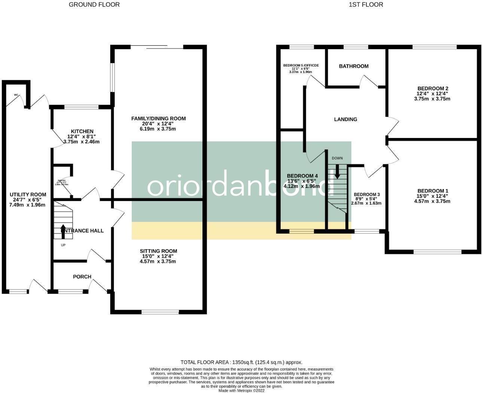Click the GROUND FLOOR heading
94,4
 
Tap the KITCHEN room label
82,131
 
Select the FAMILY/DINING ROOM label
158,118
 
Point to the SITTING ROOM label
158,251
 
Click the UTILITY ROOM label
28,194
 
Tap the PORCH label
82,276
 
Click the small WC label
16,95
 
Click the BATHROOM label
354,66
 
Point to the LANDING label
345,119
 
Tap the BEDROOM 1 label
432,191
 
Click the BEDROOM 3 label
366,194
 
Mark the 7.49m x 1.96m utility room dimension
28,205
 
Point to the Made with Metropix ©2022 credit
241,390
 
